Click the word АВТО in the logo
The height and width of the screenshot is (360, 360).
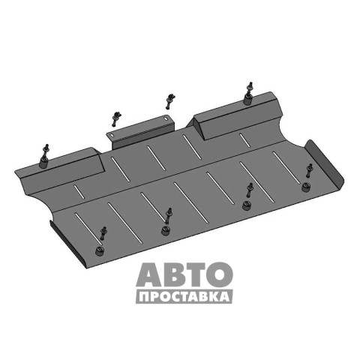click(184, 274)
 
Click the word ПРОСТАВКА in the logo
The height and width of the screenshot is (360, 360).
click(184, 297)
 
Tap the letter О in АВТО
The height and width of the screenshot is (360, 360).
click(219, 274)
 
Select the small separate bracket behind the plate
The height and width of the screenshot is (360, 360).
click(141, 132)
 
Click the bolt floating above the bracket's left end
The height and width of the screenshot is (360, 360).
click(115, 118)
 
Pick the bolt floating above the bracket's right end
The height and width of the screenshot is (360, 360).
click(170, 100)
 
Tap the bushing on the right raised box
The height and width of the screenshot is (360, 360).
click(247, 100)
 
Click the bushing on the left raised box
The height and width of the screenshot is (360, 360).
click(44, 163)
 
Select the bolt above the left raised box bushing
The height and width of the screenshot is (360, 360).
click(46, 150)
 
